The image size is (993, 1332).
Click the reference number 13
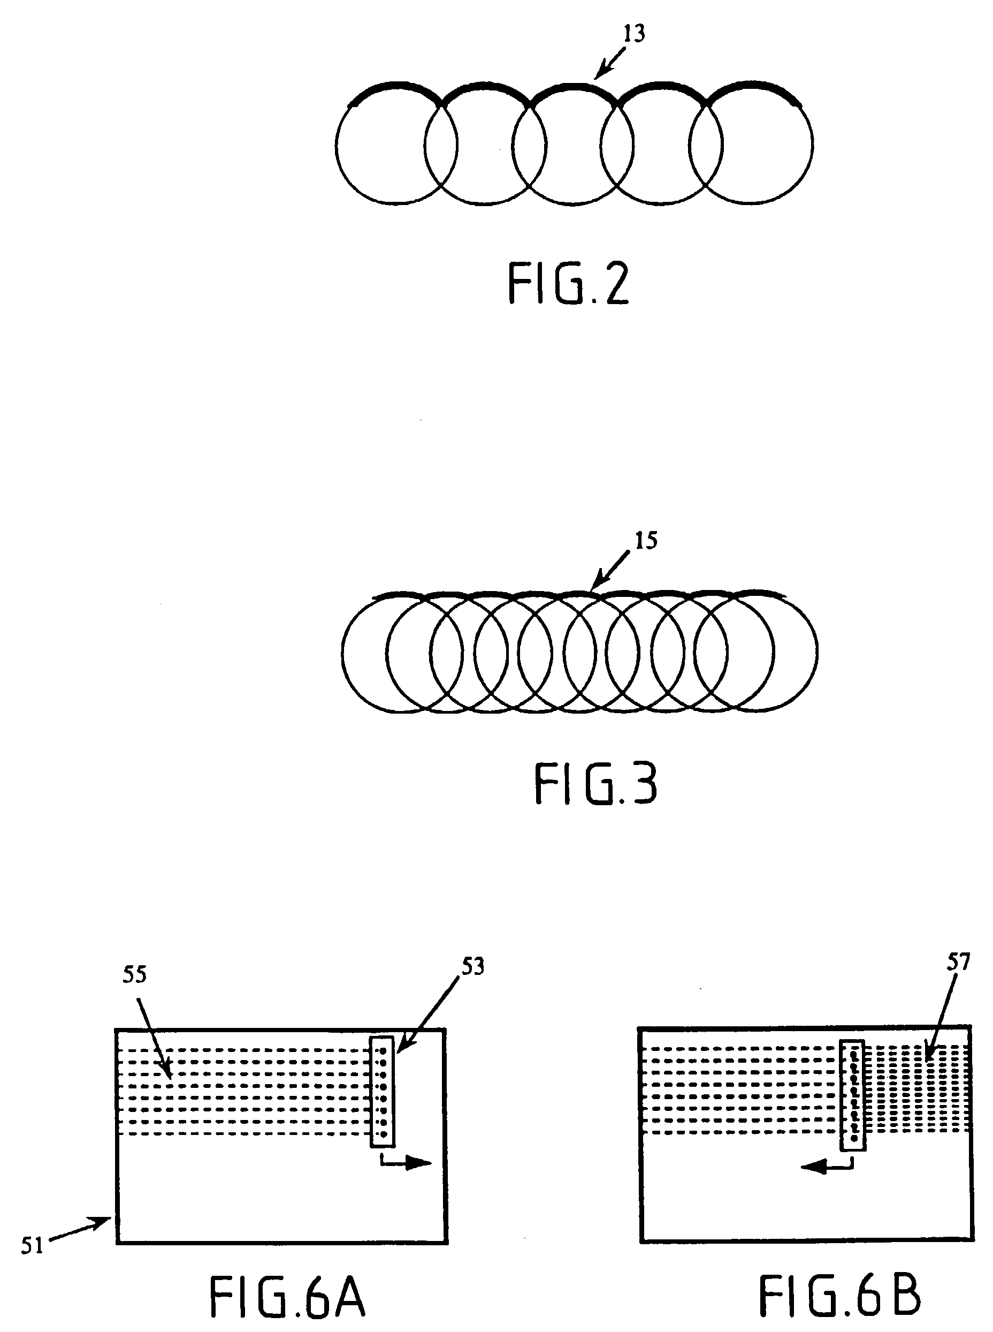(633, 34)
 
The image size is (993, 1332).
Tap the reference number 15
(646, 541)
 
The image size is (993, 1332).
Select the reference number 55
(135, 975)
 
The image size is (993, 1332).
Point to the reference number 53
(472, 966)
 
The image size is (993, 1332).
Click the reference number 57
(958, 962)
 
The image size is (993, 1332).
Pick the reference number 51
(33, 1245)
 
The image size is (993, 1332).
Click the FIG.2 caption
(569, 284)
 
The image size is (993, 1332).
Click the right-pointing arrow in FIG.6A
(406, 1162)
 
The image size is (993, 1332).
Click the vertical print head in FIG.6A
(383, 1092)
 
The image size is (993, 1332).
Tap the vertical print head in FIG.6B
(852, 1094)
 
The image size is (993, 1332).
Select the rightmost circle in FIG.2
(751, 145)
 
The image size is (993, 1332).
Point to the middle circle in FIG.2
(574, 145)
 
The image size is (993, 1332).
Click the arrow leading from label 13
(610, 64)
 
